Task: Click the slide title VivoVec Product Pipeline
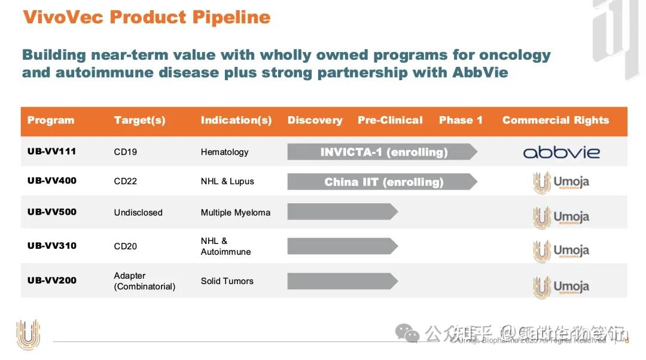pos(147,17)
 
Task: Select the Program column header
pos(51,120)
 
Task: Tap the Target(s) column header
pos(139,120)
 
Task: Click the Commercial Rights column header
pos(555,120)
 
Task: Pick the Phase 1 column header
pos(461,120)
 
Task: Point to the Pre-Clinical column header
pos(390,120)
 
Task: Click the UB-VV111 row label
pos(51,151)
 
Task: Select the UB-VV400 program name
pos(51,181)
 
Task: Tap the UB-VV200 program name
pos(51,280)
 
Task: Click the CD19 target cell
pos(126,152)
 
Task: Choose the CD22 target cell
pos(126,181)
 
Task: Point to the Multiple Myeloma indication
pos(235,212)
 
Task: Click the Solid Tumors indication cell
pos(227,281)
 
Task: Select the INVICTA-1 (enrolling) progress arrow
pos(383,152)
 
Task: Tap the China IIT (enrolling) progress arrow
pos(383,182)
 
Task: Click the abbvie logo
pos(561,152)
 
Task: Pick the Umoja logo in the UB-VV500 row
pos(561,217)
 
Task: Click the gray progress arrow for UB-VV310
pos(342,246)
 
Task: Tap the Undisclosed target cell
pos(138,212)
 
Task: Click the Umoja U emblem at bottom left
pos(28,334)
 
